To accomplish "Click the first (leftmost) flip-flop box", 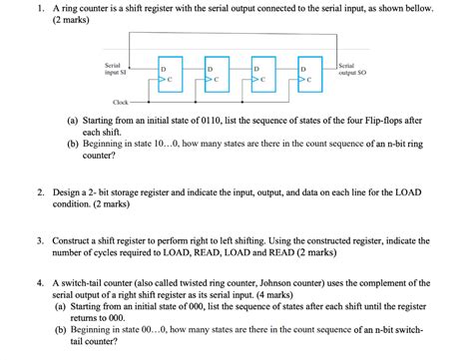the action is coord(170,73).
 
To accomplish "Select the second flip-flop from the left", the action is coord(217,73).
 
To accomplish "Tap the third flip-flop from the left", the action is coord(263,73).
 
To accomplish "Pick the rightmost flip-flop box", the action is coord(310,73).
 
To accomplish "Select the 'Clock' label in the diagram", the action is coord(120,103).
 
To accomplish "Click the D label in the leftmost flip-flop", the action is coord(163,66).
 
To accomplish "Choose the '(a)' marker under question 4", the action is coord(62,308).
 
